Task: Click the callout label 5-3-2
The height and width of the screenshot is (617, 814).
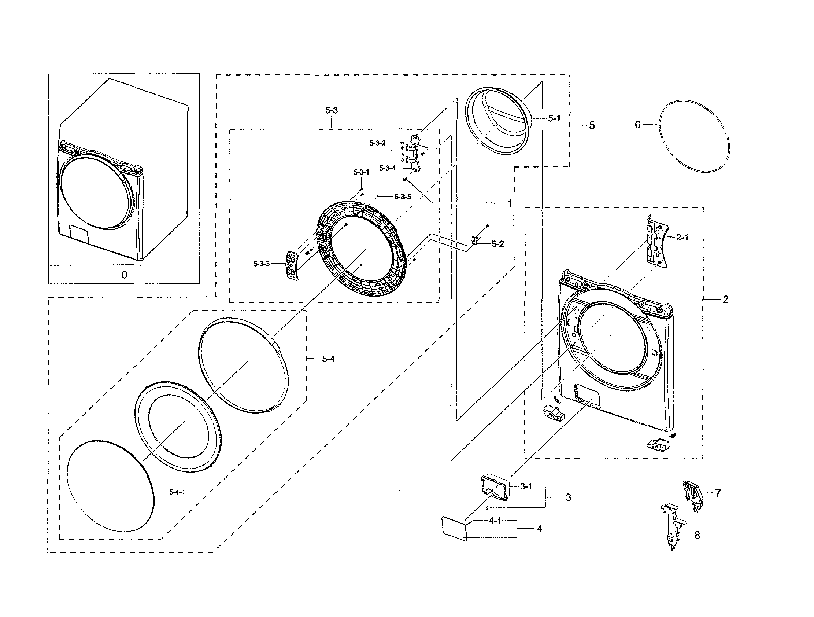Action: pyautogui.click(x=377, y=143)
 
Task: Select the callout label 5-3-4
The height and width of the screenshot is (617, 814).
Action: pyautogui.click(x=387, y=168)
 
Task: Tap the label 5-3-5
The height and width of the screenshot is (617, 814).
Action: pyautogui.click(x=403, y=197)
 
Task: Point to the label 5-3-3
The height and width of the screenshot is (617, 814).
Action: pyautogui.click(x=262, y=264)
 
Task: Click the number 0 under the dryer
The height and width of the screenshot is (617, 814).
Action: pyautogui.click(x=125, y=275)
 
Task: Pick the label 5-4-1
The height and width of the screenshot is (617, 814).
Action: pyautogui.click(x=177, y=492)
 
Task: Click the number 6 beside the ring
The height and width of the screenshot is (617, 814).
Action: pyautogui.click(x=638, y=125)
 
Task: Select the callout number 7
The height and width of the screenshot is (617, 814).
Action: pyautogui.click(x=718, y=493)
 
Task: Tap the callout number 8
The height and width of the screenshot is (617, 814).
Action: pyautogui.click(x=697, y=535)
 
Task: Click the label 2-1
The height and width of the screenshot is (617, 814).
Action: pyautogui.click(x=682, y=238)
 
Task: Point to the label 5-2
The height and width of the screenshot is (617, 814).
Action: pyautogui.click(x=497, y=244)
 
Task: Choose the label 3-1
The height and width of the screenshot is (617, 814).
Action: pyautogui.click(x=526, y=486)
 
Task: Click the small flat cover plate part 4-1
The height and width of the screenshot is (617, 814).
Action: pyautogui.click(x=454, y=529)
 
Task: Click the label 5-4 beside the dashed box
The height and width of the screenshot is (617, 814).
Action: pyautogui.click(x=328, y=359)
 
